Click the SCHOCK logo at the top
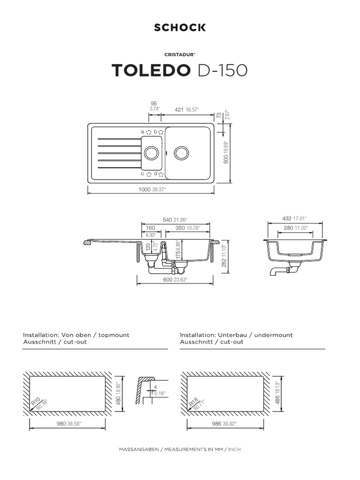pyautogui.click(x=180, y=28)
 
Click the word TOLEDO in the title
pyautogui.click(x=151, y=70)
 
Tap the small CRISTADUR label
pyautogui.click(x=180, y=54)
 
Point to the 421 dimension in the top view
pyautogui.click(x=179, y=109)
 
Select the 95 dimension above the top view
pyautogui.click(x=153, y=103)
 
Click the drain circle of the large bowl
pyautogui.click(x=181, y=152)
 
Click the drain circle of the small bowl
pyautogui.click(x=151, y=152)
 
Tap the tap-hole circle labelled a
pyautogui.click(x=149, y=132)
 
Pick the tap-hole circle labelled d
pyautogui.click(x=161, y=174)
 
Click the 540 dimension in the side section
pyautogui.click(x=167, y=220)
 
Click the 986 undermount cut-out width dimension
pyautogui.click(x=216, y=423)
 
